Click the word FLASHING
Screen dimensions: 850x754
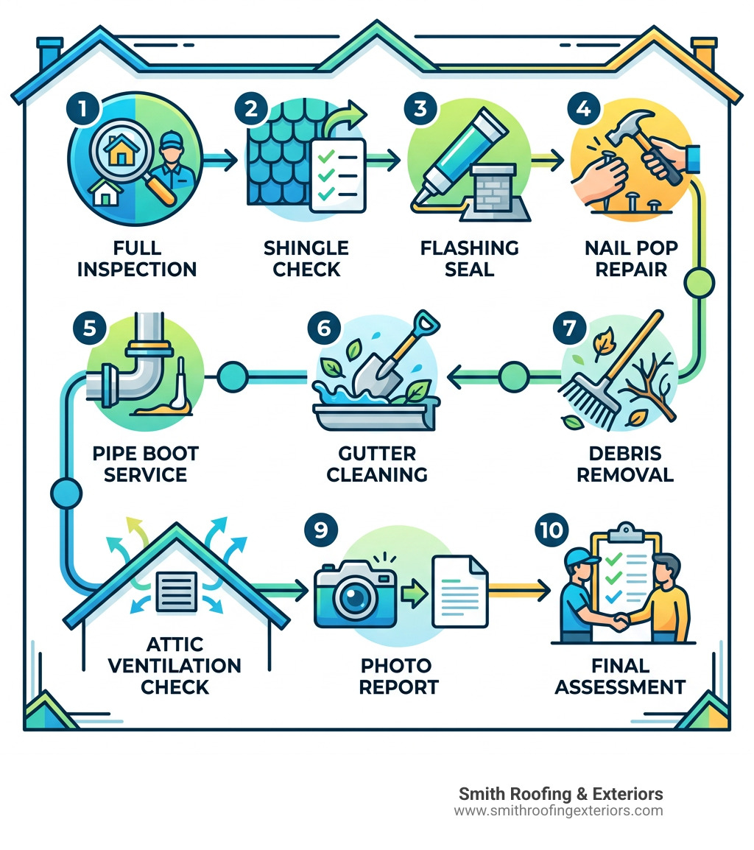pos(469,248)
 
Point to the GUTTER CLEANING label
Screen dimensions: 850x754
pos(377,463)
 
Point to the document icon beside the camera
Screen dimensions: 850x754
pos(459,591)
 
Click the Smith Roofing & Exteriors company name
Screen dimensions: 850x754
pos(560,794)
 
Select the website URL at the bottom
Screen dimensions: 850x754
pos(558,811)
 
